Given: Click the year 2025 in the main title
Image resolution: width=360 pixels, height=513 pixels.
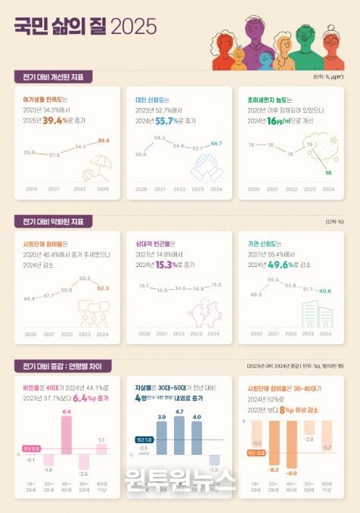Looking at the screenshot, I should click(134, 27).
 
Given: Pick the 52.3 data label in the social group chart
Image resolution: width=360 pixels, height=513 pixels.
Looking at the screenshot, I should click(103, 288).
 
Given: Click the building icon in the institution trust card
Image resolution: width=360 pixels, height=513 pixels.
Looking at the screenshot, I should click(318, 315).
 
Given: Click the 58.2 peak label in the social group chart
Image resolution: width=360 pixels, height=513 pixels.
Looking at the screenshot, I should click(85, 278).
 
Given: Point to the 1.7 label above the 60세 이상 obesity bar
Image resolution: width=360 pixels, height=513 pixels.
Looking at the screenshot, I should click(102, 440).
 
